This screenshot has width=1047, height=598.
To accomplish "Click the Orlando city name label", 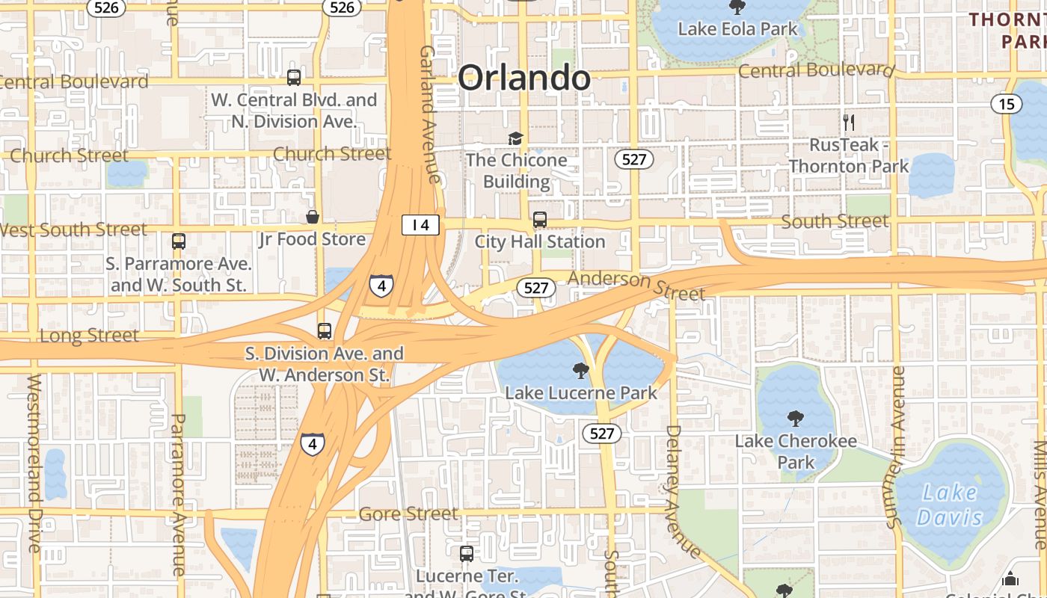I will (x=523, y=78).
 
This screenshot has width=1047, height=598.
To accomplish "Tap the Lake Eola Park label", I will (x=737, y=29).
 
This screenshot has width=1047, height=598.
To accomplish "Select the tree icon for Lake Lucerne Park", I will (x=580, y=370).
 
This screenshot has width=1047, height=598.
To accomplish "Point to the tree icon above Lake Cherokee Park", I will (x=795, y=419).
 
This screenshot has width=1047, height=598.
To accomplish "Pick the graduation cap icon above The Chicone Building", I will (x=515, y=138).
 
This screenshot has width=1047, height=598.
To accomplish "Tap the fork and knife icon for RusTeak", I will (x=849, y=122).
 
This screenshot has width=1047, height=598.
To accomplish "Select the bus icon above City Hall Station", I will (x=540, y=220).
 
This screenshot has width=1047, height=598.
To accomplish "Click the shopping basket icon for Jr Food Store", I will (x=313, y=218).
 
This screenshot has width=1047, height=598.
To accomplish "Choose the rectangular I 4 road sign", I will (x=420, y=224).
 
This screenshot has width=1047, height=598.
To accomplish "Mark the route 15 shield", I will (x=1007, y=104).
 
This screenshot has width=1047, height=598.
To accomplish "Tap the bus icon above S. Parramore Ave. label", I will (x=179, y=241).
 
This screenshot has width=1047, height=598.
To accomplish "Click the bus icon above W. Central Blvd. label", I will (x=294, y=77).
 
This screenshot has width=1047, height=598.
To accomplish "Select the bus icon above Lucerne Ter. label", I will (x=467, y=554).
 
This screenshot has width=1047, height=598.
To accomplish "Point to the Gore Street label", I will (x=408, y=514).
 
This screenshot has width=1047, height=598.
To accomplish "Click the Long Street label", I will (x=89, y=336).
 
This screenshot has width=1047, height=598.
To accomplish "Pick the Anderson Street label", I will (x=636, y=285).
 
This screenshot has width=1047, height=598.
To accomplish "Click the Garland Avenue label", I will (x=429, y=114).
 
